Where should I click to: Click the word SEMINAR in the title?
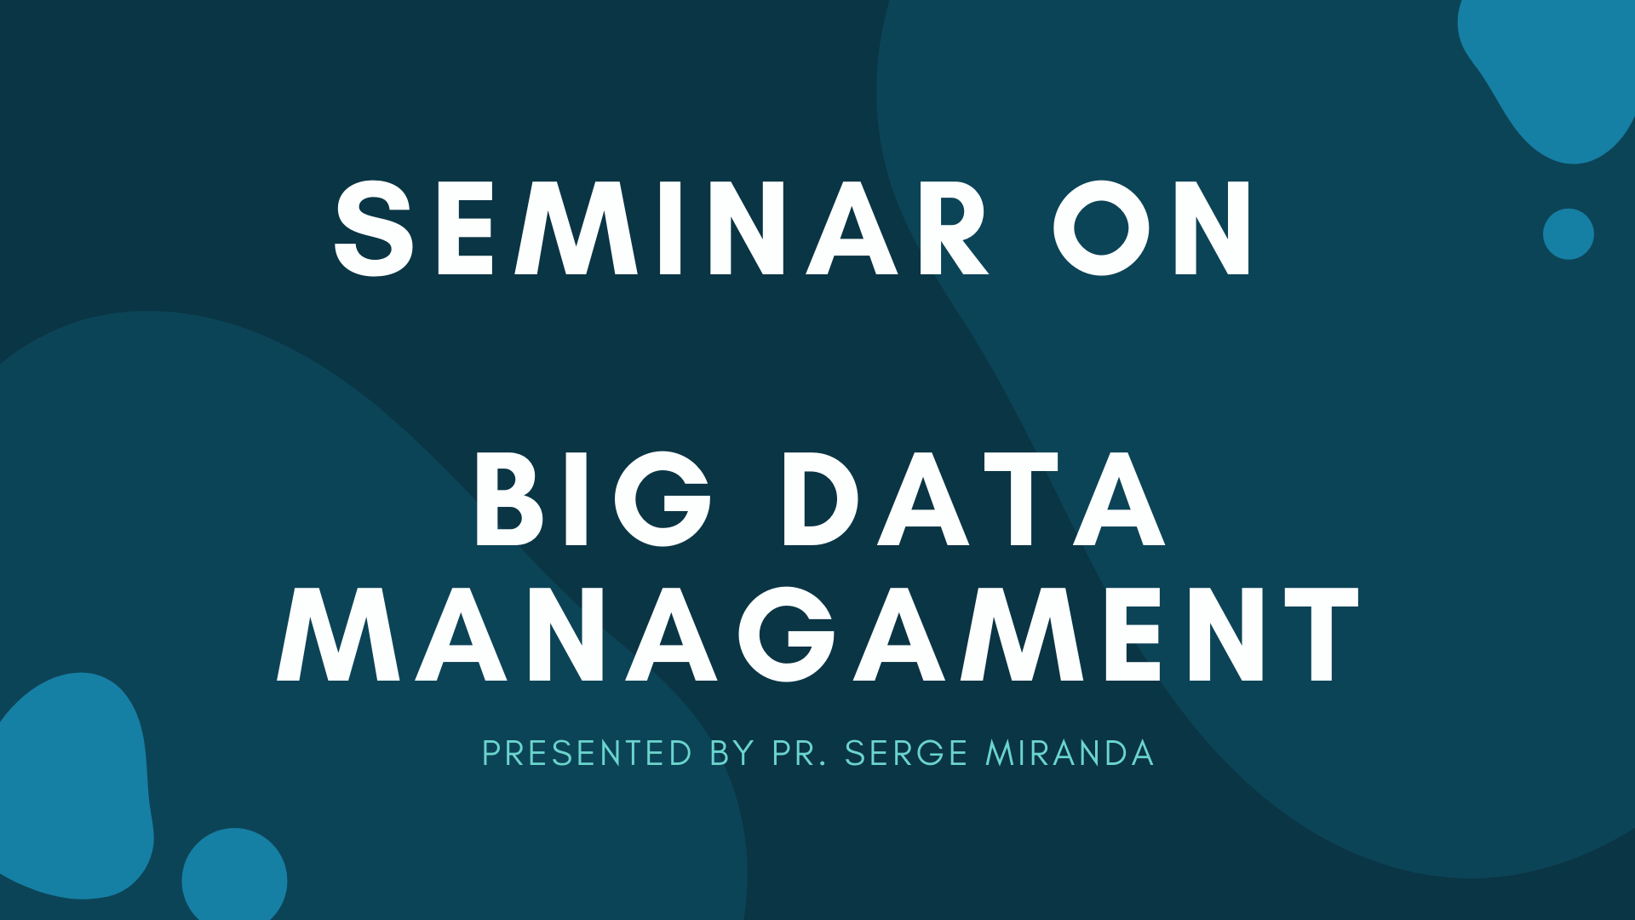tap(662, 228)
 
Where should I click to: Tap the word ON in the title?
tap(1152, 228)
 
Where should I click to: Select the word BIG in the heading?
tap(593, 499)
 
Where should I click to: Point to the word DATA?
tap(973, 499)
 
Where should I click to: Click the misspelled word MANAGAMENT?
tap(817, 635)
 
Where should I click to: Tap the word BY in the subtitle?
tap(732, 753)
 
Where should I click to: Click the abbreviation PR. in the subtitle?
tap(800, 753)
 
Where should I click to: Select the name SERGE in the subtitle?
tap(906, 753)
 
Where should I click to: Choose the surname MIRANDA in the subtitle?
tap(1070, 753)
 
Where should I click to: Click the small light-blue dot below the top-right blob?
tap(1569, 233)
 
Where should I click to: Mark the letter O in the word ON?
tap(1102, 228)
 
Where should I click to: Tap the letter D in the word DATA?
tap(825, 499)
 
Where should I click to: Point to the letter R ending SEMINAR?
tap(951, 228)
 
